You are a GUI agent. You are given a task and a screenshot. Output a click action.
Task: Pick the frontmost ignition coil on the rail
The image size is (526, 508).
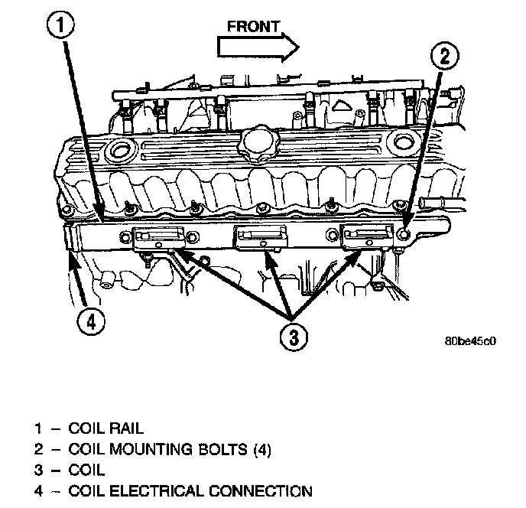(365, 239)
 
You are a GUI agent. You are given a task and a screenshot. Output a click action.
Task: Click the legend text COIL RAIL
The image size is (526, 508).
(106, 428)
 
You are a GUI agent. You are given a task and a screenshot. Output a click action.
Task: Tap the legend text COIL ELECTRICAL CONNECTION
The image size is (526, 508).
(190, 490)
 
